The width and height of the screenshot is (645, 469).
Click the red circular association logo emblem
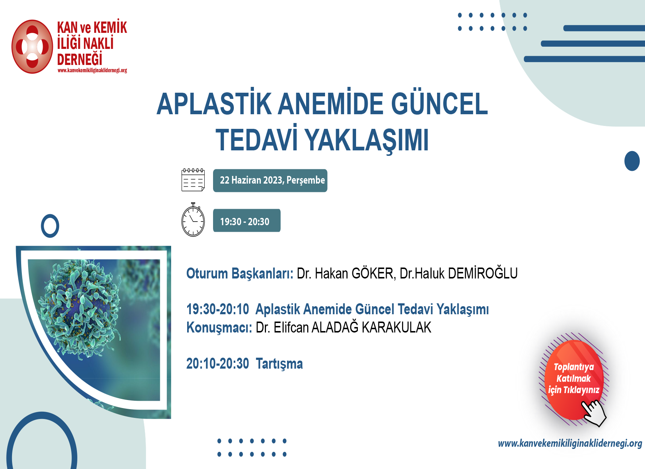[32, 47]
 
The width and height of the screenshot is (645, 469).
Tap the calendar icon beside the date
[193, 180]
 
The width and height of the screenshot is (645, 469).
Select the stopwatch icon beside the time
[193, 219]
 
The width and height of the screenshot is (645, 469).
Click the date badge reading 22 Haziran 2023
[270, 180]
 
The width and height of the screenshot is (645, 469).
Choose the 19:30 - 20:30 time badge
[247, 220]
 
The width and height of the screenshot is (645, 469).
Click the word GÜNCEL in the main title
[440, 104]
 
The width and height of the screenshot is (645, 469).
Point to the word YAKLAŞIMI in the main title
[367, 140]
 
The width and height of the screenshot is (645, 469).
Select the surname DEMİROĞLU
[483, 273]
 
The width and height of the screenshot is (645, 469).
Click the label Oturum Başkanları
[240, 274]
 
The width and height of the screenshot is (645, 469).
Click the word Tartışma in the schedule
[279, 364]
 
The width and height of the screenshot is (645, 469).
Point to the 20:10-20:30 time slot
[218, 364]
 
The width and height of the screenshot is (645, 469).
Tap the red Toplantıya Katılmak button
[573, 379]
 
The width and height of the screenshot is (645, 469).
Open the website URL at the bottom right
[570, 443]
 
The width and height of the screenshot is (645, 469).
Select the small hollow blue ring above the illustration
[50, 226]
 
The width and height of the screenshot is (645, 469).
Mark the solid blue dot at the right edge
[632, 161]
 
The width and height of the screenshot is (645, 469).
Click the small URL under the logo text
[92, 70]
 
